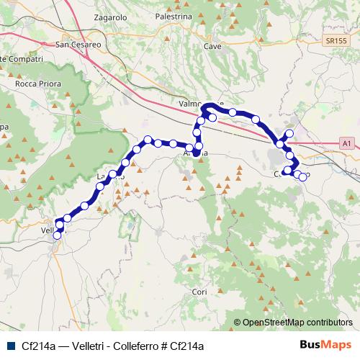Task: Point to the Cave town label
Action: click(x=212, y=45)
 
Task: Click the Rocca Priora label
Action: click(x=38, y=84)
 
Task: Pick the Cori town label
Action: click(x=199, y=292)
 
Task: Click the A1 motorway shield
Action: click(x=347, y=144)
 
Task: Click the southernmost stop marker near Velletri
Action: click(x=57, y=235)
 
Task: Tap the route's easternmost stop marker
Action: click(x=303, y=177)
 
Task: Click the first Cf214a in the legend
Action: click(x=38, y=345)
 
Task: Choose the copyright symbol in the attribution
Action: click(x=237, y=323)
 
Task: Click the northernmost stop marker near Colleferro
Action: click(x=289, y=133)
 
